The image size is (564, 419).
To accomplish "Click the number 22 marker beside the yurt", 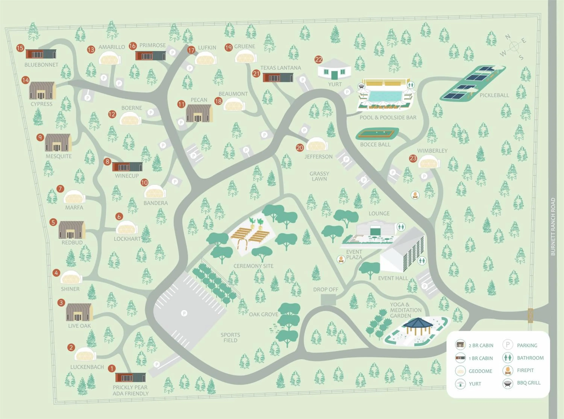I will point(318,60).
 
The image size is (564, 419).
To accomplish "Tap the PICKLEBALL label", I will point(494,95).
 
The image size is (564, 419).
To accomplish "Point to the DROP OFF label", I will point(325,289).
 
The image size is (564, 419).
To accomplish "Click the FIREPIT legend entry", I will point(525,370).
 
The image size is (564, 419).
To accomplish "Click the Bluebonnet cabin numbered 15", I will point(41,54).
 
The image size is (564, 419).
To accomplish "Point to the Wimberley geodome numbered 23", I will point(429,162).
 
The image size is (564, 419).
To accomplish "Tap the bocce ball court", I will point(377,134).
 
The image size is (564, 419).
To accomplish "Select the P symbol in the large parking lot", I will point(184,313).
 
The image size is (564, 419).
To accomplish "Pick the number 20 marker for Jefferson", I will point(300,148).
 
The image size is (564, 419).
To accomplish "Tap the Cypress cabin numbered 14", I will point(42,90).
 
